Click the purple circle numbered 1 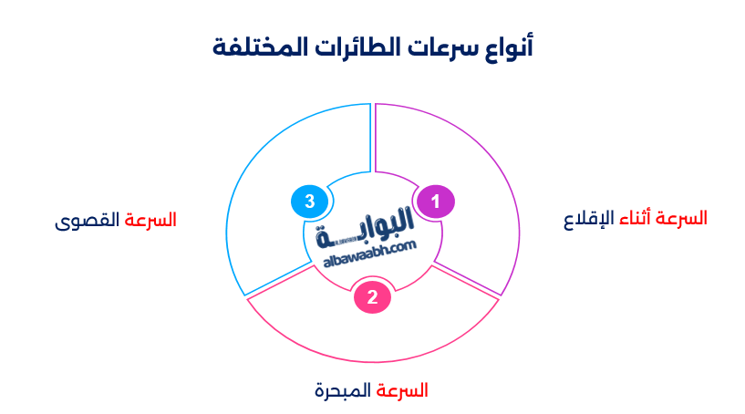(x=436, y=201)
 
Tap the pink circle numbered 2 (x=372, y=297)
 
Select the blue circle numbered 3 (x=309, y=201)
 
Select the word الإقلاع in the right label (x=582, y=219)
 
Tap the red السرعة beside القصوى (x=150, y=221)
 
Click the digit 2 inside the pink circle (x=372, y=297)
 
